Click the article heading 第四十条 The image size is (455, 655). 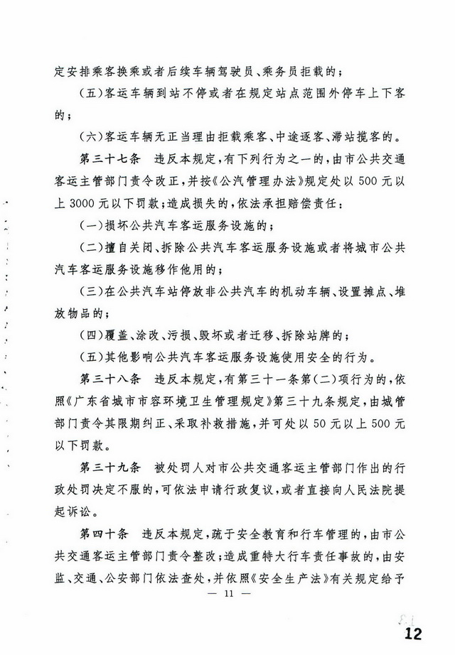click(100, 533)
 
